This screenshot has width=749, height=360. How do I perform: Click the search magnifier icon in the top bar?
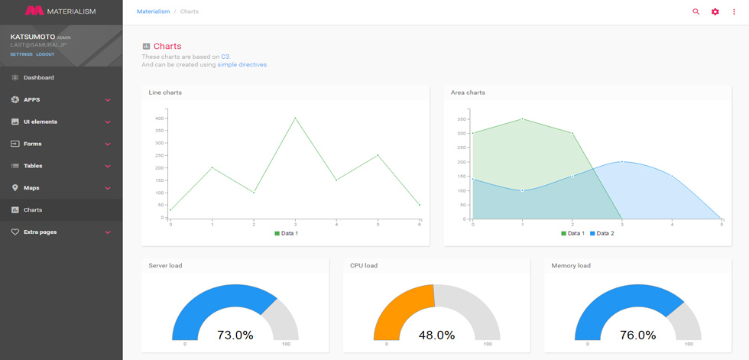pyautogui.click(x=696, y=11)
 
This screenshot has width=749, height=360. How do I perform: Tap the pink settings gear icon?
pyautogui.click(x=715, y=11)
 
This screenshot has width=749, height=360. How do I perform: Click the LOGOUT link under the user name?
pyautogui.click(x=45, y=54)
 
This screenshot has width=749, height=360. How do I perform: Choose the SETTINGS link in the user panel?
pyautogui.click(x=21, y=54)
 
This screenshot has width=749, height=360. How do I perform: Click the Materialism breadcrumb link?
pyautogui.click(x=154, y=11)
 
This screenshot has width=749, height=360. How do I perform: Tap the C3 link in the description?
pyautogui.click(x=225, y=57)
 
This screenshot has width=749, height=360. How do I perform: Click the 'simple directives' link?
pyautogui.click(x=242, y=64)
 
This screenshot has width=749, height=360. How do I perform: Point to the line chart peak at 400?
pyautogui.click(x=295, y=118)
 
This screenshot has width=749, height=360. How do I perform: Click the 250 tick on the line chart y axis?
pyautogui.click(x=159, y=155)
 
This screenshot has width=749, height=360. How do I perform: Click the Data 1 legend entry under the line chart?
pyautogui.click(x=287, y=233)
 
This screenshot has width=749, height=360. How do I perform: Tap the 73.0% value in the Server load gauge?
pyautogui.click(x=235, y=336)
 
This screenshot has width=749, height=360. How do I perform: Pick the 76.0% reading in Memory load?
pyautogui.click(x=637, y=336)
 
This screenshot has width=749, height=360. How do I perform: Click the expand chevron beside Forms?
pyautogui.click(x=108, y=144)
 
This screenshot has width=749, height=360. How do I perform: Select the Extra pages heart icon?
pyautogui.click(x=15, y=232)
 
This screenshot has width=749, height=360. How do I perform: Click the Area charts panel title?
pyautogui.click(x=468, y=92)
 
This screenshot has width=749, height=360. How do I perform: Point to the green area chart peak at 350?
pyautogui.click(x=522, y=118)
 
